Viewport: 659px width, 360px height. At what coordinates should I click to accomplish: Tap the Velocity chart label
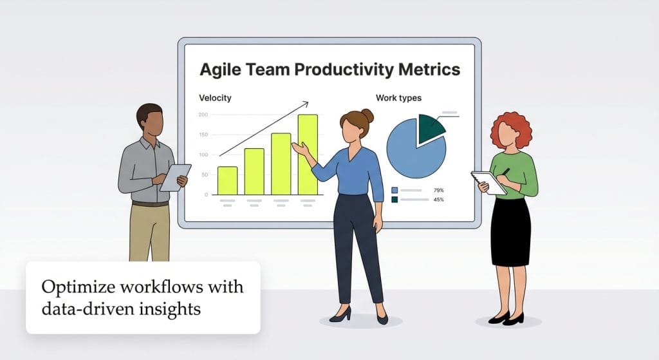click(x=215, y=98)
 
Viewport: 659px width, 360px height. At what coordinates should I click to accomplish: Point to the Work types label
click(x=398, y=98)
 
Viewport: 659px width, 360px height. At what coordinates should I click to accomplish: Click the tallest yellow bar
click(x=308, y=155)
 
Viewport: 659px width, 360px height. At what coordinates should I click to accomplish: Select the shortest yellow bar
click(x=227, y=180)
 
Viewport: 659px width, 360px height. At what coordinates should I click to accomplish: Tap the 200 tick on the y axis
click(x=203, y=115)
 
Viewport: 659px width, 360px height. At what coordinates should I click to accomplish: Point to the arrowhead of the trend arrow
click(x=306, y=102)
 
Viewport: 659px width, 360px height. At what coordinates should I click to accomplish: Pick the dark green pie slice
click(x=429, y=128)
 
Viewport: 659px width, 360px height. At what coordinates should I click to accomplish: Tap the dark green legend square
click(x=394, y=200)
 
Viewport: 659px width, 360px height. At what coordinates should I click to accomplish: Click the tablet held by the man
click(x=175, y=177)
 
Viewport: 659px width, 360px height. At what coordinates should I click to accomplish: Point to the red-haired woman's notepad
click(x=488, y=182)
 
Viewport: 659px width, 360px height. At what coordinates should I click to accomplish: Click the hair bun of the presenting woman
click(x=367, y=115)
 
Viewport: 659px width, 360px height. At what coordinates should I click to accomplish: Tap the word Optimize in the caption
click(x=73, y=286)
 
